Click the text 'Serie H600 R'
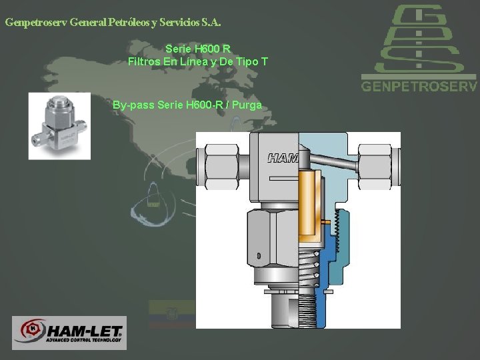[x=198, y=49]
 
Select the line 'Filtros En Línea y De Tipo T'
[x=198, y=61]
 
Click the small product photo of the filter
[x=59, y=126]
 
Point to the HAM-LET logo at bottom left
[x=69, y=333]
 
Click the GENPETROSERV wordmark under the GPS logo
[x=419, y=86]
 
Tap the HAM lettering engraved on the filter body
[x=283, y=158]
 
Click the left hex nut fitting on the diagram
[x=221, y=167]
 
